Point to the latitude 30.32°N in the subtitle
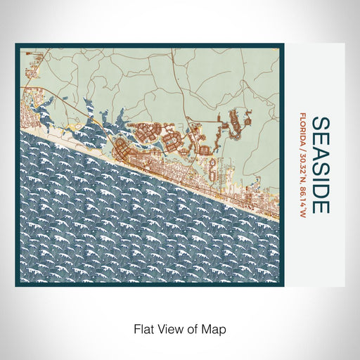pos(302,167)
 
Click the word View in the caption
pos(167,328)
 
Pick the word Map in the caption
pos(216,328)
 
